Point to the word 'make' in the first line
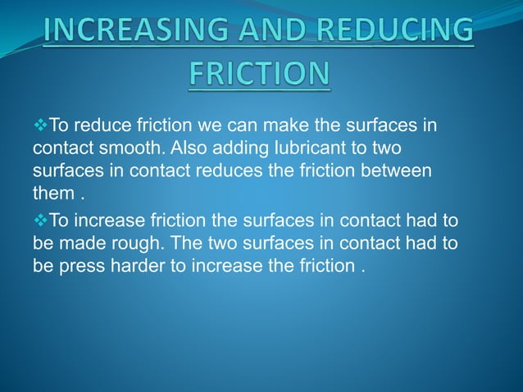point(261,129)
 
